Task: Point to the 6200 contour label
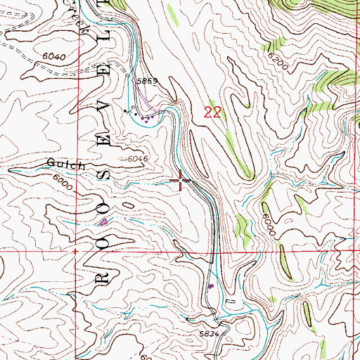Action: [x=278, y=65]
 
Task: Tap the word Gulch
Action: [x=66, y=165]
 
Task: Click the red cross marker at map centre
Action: [x=181, y=181]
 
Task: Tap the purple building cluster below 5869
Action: [x=146, y=118]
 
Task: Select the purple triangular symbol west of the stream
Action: [x=104, y=221]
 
